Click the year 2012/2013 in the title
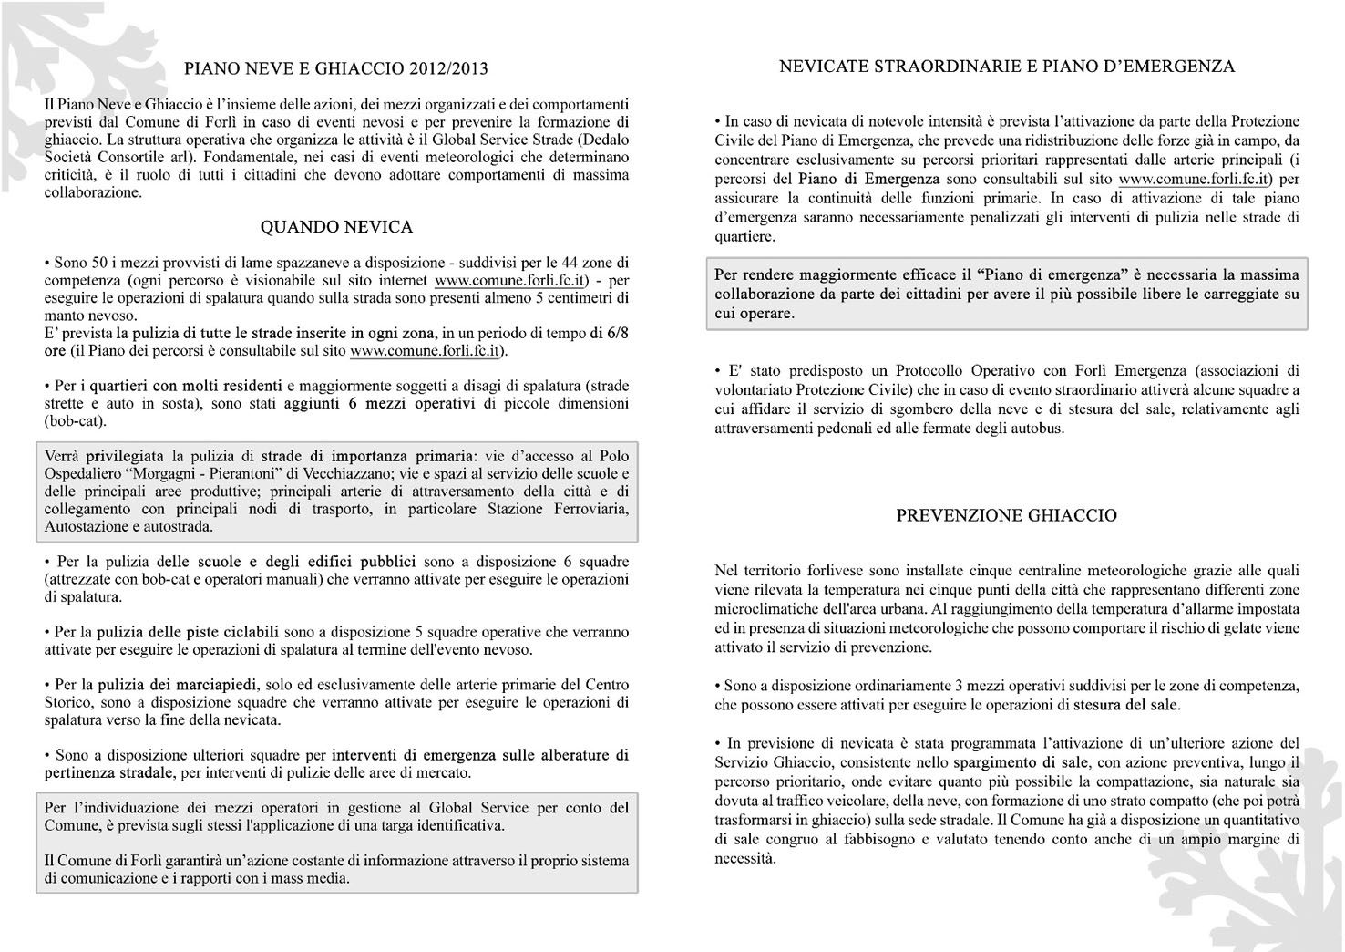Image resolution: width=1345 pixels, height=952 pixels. (x=448, y=68)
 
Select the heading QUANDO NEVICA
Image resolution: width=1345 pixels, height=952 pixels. (x=336, y=227)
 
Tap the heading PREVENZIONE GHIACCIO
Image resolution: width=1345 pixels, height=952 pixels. (x=1006, y=515)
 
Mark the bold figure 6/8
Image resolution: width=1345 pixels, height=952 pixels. (x=615, y=333)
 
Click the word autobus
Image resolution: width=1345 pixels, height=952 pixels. (x=1040, y=428)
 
